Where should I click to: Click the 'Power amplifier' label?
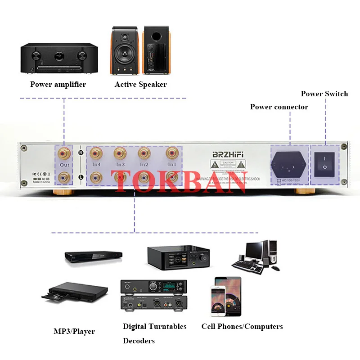click(58, 84)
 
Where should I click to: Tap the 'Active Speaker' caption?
click(140, 84)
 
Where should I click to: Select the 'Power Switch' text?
click(324, 94)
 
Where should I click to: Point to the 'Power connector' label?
click(279, 107)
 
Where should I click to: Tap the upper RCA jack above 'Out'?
click(64, 153)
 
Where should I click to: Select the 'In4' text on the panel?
click(97, 165)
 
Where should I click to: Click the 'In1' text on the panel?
click(172, 165)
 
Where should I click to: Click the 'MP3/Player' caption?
click(74, 331)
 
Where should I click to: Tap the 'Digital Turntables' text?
click(154, 326)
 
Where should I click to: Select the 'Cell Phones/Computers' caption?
click(242, 326)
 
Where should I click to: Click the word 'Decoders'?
click(139, 341)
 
